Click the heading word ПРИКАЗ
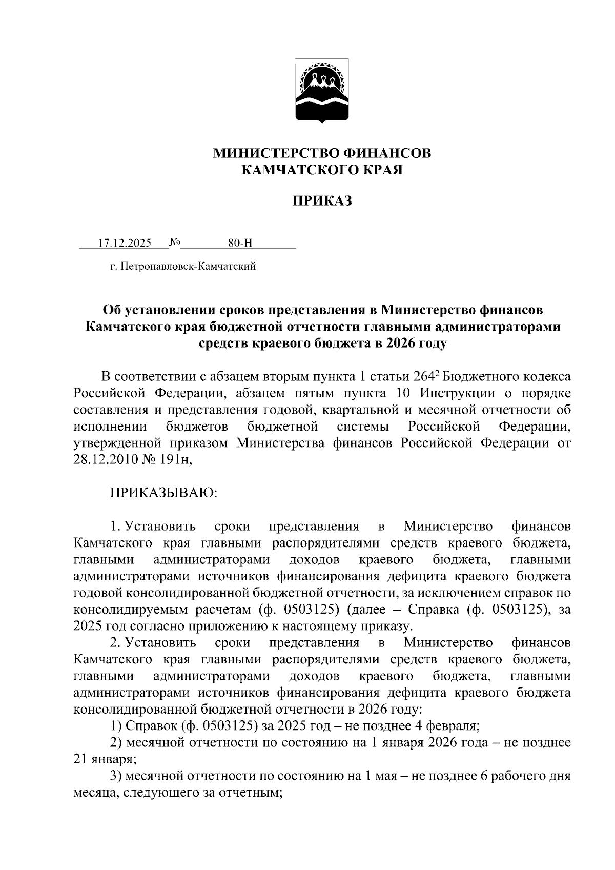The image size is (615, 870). [322, 201]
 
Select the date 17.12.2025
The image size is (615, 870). [125, 243]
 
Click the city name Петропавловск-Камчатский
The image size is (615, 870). [188, 267]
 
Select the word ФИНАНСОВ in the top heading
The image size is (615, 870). [389, 153]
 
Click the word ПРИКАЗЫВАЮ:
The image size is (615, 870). [163, 493]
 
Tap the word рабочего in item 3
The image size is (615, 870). [517, 776]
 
